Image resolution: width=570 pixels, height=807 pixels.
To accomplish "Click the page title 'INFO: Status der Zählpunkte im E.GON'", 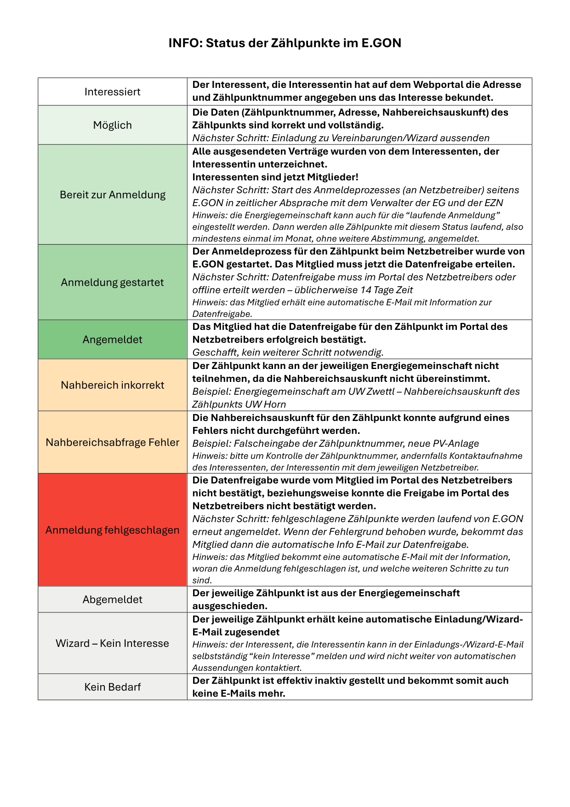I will click(x=285, y=43).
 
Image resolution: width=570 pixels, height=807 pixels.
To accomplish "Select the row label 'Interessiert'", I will click(x=112, y=92).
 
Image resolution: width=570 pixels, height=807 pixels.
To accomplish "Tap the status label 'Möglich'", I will click(x=112, y=125).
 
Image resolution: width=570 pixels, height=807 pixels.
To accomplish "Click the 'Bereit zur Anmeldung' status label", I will click(x=112, y=195).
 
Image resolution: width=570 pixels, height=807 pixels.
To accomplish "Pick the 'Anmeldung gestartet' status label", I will click(x=112, y=282).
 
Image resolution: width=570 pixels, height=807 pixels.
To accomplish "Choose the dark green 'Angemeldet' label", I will click(x=112, y=340).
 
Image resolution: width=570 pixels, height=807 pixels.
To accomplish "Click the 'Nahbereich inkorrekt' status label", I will click(x=112, y=385).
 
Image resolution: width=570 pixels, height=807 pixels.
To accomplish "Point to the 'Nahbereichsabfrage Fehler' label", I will click(x=112, y=442).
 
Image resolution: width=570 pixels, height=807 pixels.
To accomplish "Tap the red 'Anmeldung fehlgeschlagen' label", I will click(x=112, y=530).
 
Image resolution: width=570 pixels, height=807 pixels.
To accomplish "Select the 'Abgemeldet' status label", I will click(x=112, y=599).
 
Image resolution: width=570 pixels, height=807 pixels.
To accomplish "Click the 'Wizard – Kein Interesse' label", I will click(x=112, y=643).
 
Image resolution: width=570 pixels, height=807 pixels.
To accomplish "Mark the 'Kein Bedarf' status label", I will click(x=112, y=687).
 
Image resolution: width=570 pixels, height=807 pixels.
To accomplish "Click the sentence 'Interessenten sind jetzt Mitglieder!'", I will click(x=275, y=177).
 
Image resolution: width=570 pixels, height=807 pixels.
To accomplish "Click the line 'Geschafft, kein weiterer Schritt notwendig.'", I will click(x=288, y=352).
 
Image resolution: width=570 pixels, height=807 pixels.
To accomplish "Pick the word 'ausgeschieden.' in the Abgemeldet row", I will click(x=230, y=606).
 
